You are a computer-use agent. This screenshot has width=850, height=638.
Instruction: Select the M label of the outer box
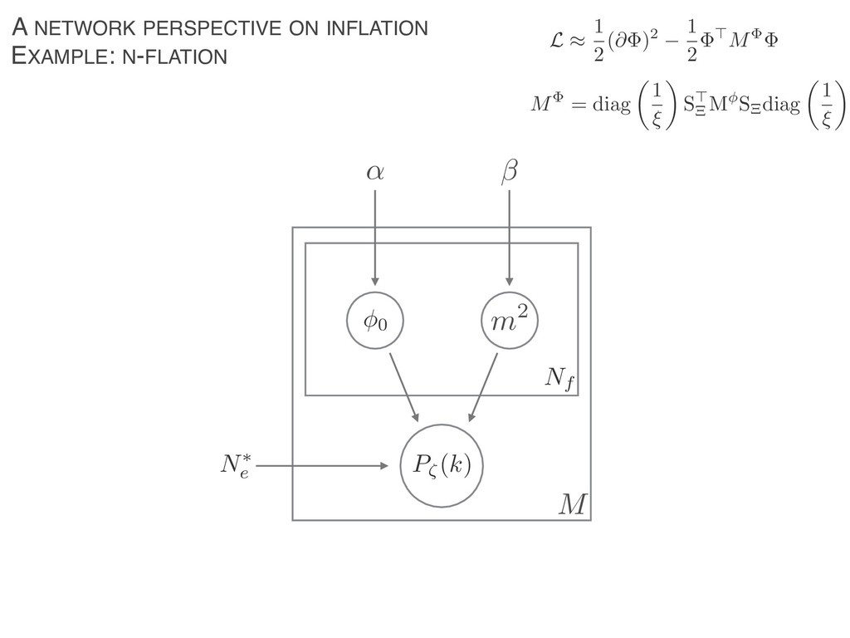(x=572, y=503)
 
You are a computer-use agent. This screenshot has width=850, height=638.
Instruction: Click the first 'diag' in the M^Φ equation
(x=609, y=106)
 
